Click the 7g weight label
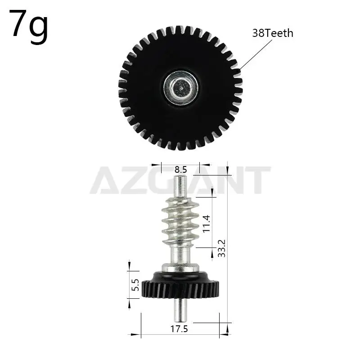pyautogui.click(x=29, y=25)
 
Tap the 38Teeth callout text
pyautogui.click(x=273, y=33)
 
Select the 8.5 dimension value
pyautogui.click(x=181, y=170)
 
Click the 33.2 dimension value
pyautogui.click(x=221, y=247)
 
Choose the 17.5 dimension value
pyautogui.click(x=179, y=329)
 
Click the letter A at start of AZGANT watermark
pyautogui.click(x=105, y=180)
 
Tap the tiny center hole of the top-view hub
pyautogui.click(x=180, y=88)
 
